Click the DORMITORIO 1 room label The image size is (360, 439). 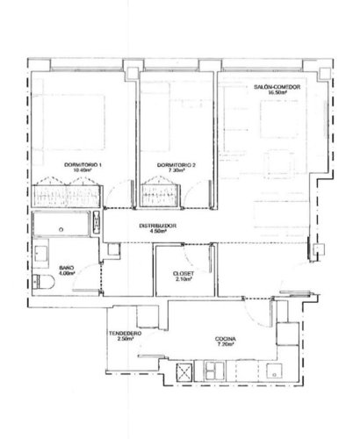coord(83,165)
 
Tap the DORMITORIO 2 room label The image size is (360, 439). coord(176,165)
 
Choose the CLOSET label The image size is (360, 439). coord(184,273)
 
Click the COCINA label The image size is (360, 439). coord(225,340)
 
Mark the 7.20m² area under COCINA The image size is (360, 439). coord(225,346)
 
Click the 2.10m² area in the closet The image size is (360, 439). coord(184,279)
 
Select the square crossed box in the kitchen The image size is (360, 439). coord(186,372)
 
